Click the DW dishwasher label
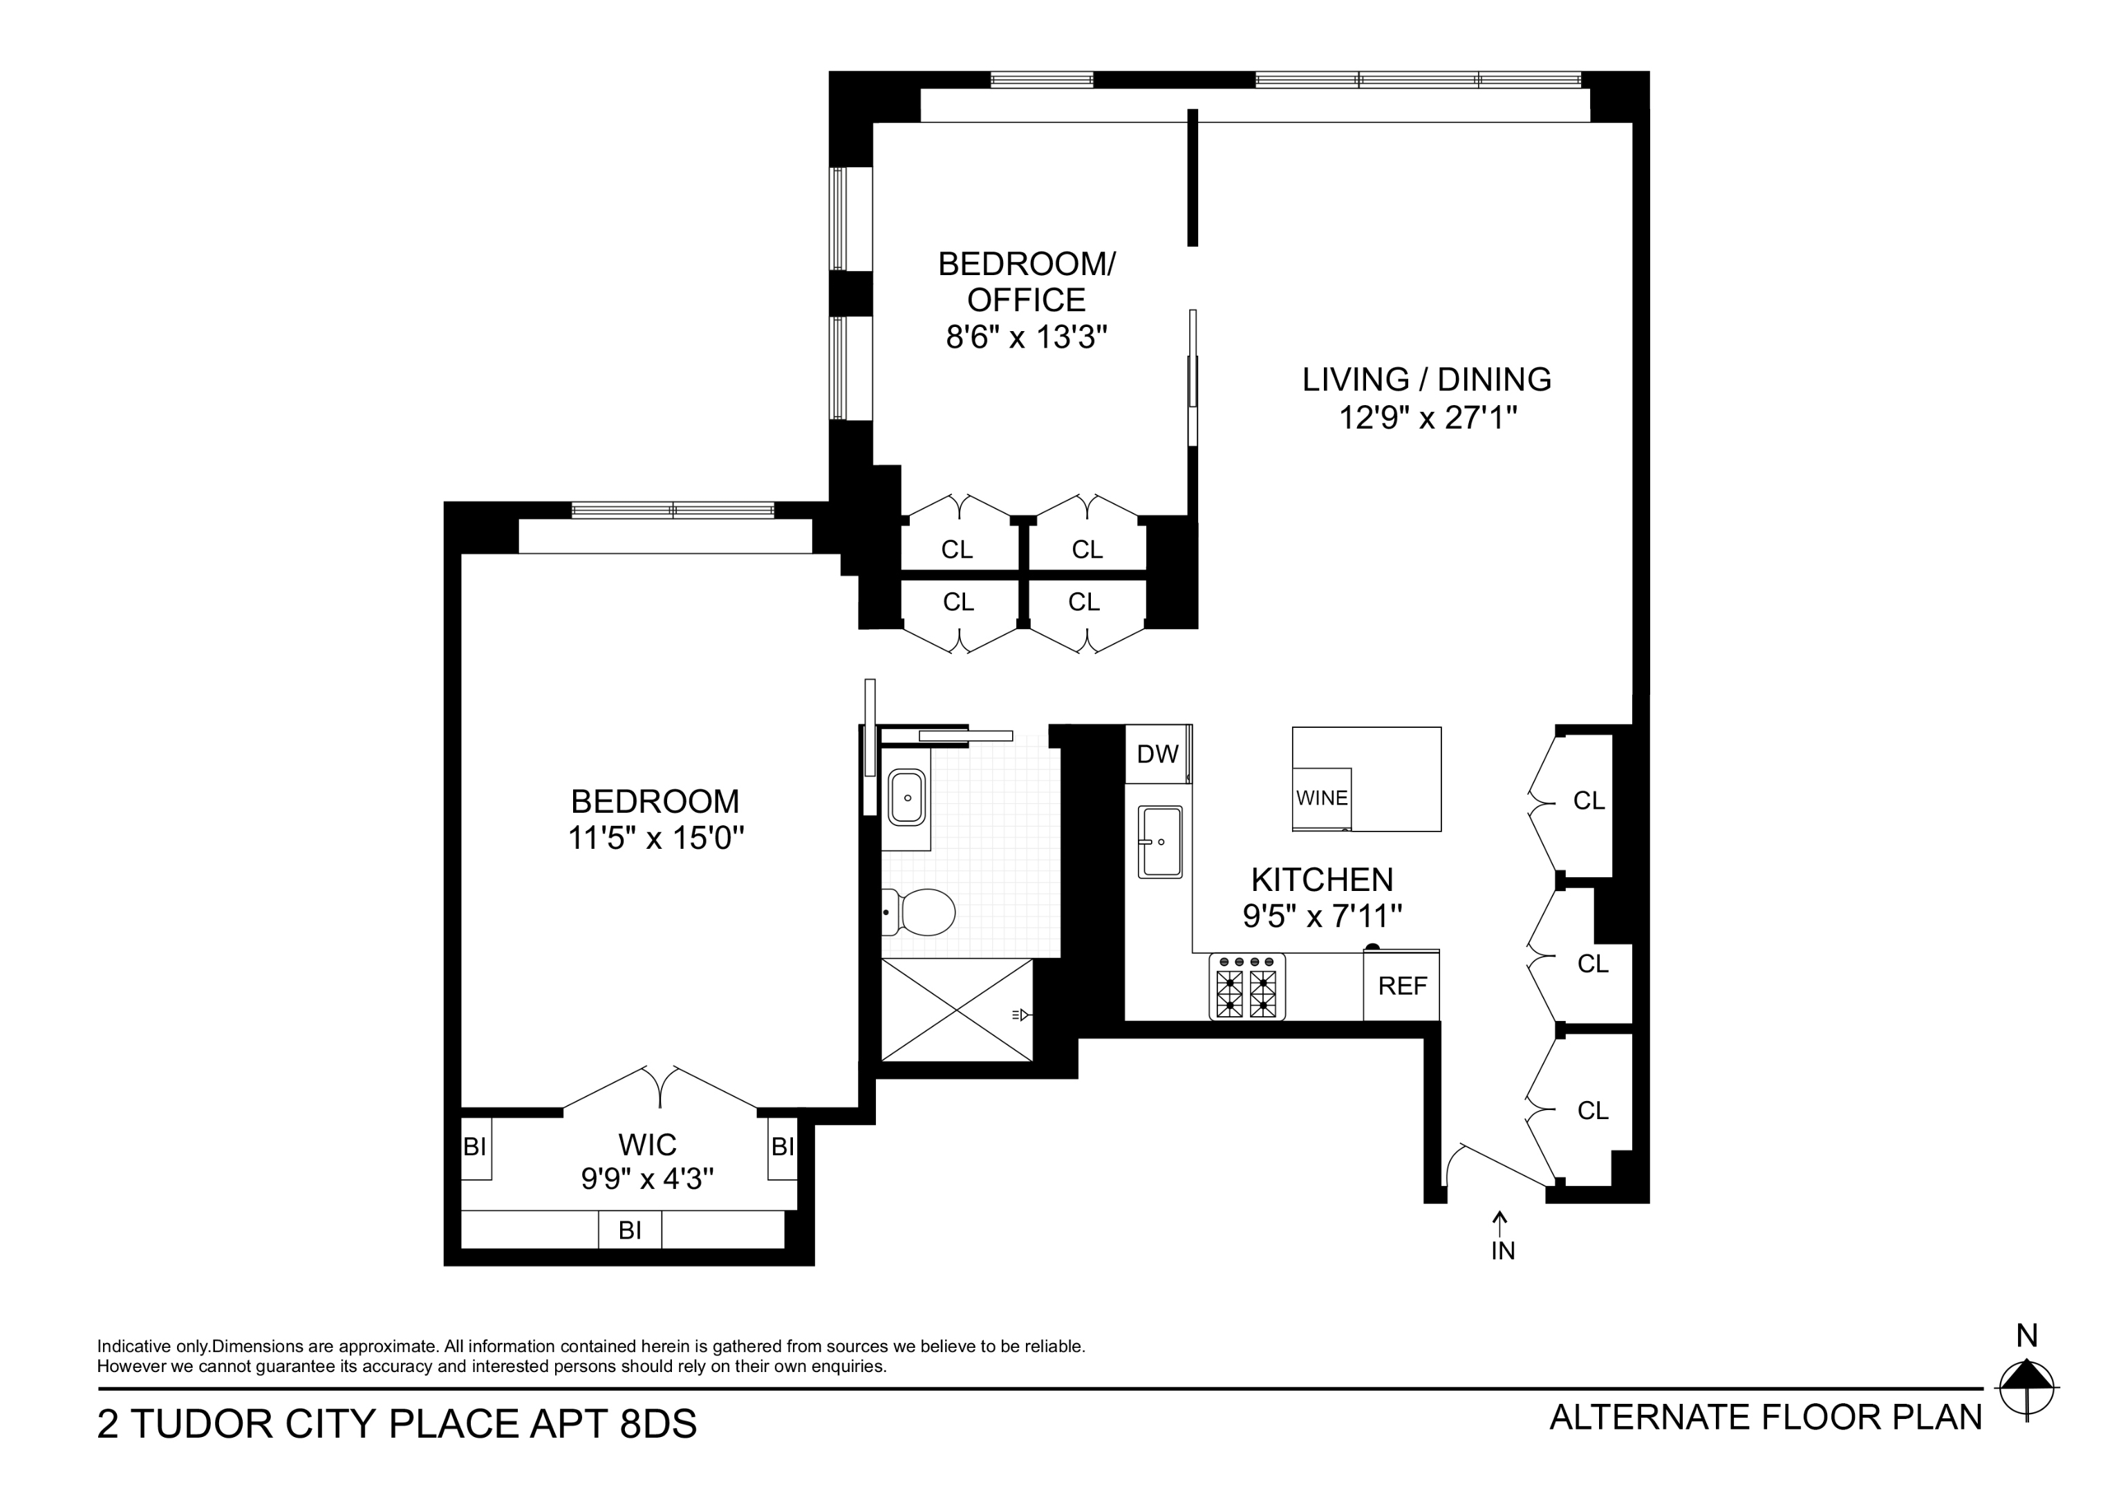click(x=1157, y=754)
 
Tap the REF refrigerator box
click(x=1402, y=986)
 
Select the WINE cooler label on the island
click(x=1322, y=798)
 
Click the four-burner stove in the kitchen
click(x=1247, y=986)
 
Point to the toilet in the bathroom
click(x=921, y=912)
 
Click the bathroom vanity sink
click(x=907, y=798)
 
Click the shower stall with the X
click(x=957, y=1010)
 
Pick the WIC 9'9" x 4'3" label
click(x=648, y=1161)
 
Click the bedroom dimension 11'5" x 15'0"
click(x=655, y=838)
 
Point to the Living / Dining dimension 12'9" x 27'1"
click(x=1427, y=417)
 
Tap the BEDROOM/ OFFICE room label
click(x=1027, y=281)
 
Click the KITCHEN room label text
click(x=1322, y=879)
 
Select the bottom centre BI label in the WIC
click(x=630, y=1230)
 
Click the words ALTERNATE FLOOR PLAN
click(x=1765, y=1418)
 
